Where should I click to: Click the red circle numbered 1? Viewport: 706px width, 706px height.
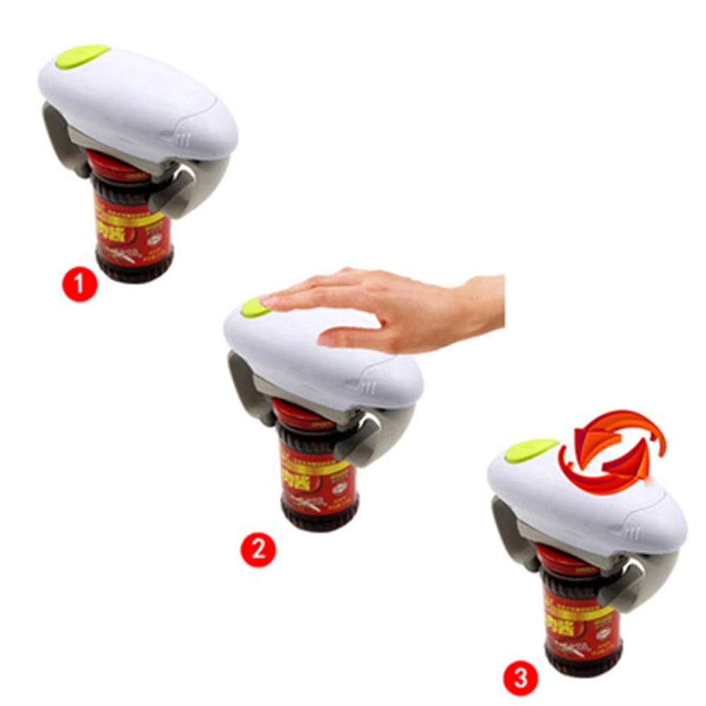click(80, 285)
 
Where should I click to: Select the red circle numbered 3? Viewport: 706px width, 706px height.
click(520, 679)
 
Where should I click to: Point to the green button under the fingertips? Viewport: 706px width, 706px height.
click(252, 307)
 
